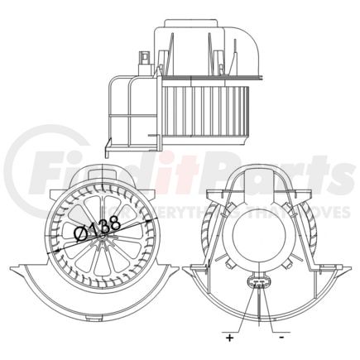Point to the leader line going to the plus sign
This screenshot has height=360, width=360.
[x=239, y=314]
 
